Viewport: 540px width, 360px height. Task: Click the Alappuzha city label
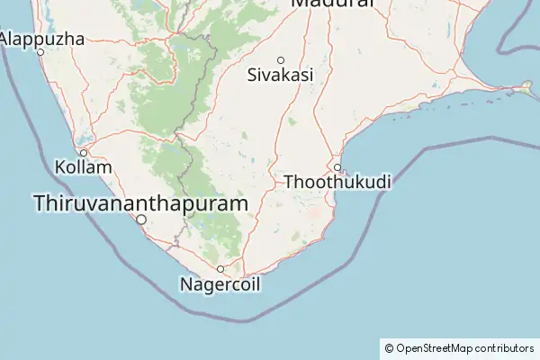click(x=43, y=40)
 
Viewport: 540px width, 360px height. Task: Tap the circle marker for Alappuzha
click(x=41, y=52)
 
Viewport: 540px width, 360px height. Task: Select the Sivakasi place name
click(x=281, y=76)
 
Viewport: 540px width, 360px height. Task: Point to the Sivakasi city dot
click(x=281, y=60)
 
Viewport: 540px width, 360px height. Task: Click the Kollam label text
click(x=84, y=168)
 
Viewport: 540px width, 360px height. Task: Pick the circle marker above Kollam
click(x=84, y=153)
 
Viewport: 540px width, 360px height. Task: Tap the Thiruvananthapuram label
click(x=140, y=204)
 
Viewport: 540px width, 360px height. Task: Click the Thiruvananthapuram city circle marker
click(x=141, y=219)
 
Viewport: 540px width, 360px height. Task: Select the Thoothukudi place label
click(x=337, y=183)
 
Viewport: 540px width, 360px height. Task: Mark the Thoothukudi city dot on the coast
click(x=337, y=167)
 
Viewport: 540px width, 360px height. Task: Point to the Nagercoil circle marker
click(x=220, y=269)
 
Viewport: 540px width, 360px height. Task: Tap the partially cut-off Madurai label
click(x=332, y=4)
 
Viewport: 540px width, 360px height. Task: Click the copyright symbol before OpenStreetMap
click(x=389, y=348)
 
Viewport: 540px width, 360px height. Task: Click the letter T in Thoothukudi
click(x=289, y=183)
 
